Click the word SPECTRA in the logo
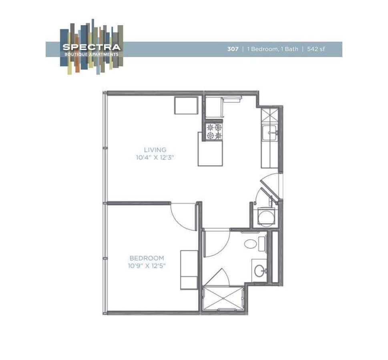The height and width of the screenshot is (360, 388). tap(91, 47)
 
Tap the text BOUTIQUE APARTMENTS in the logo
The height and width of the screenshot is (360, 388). tap(91, 54)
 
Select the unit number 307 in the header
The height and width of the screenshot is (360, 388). tap(233, 49)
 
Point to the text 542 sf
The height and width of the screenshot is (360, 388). tap(316, 49)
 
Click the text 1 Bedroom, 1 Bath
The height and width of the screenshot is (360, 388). tap(273, 49)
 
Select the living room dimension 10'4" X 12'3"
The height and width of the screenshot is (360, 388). tap(155, 158)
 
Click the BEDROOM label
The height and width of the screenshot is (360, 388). tap(147, 258)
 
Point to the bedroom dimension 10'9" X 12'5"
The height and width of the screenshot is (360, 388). tap(147, 266)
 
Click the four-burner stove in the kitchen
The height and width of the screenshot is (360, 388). tap(213, 132)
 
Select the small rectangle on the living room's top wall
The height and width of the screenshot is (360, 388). tap(186, 105)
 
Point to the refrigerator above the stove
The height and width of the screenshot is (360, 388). tap(214, 107)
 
